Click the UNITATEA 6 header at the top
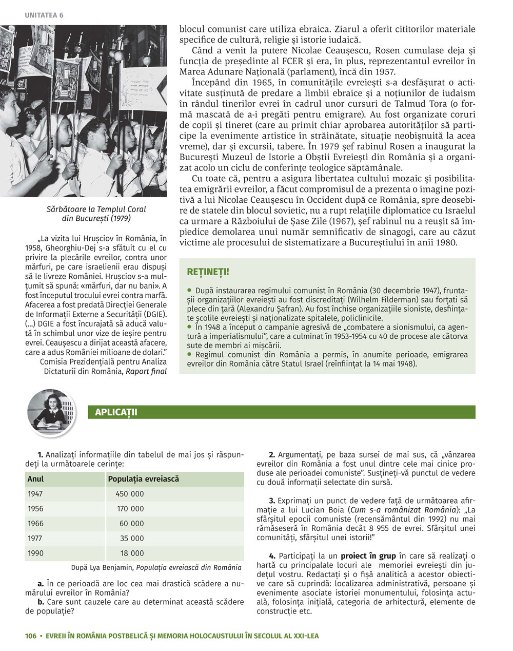pyautogui.click(x=44, y=15)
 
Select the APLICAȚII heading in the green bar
pyautogui.click(x=116, y=412)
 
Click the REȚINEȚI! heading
pyautogui.click(x=208, y=271)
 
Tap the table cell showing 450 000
pyautogui.click(x=130, y=494)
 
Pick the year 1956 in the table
pyautogui.click(x=35, y=509)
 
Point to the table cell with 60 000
pyautogui.click(x=132, y=524)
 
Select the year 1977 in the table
pyautogui.click(x=35, y=539)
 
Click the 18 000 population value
pyautogui.click(x=132, y=553)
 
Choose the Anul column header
pyautogui.click(x=35, y=479)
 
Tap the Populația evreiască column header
pyautogui.click(x=143, y=479)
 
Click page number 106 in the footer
pyautogui.click(x=31, y=636)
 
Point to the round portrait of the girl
pyautogui.click(x=51, y=409)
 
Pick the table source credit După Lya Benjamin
pyautogui.click(x=156, y=567)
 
